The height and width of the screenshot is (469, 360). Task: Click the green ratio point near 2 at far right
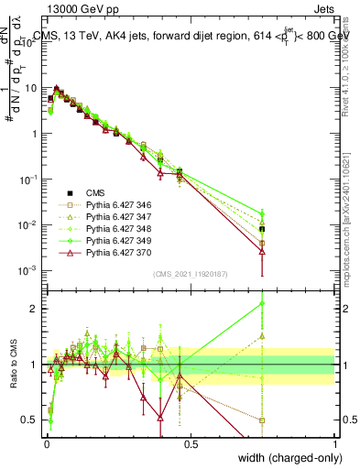263,303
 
